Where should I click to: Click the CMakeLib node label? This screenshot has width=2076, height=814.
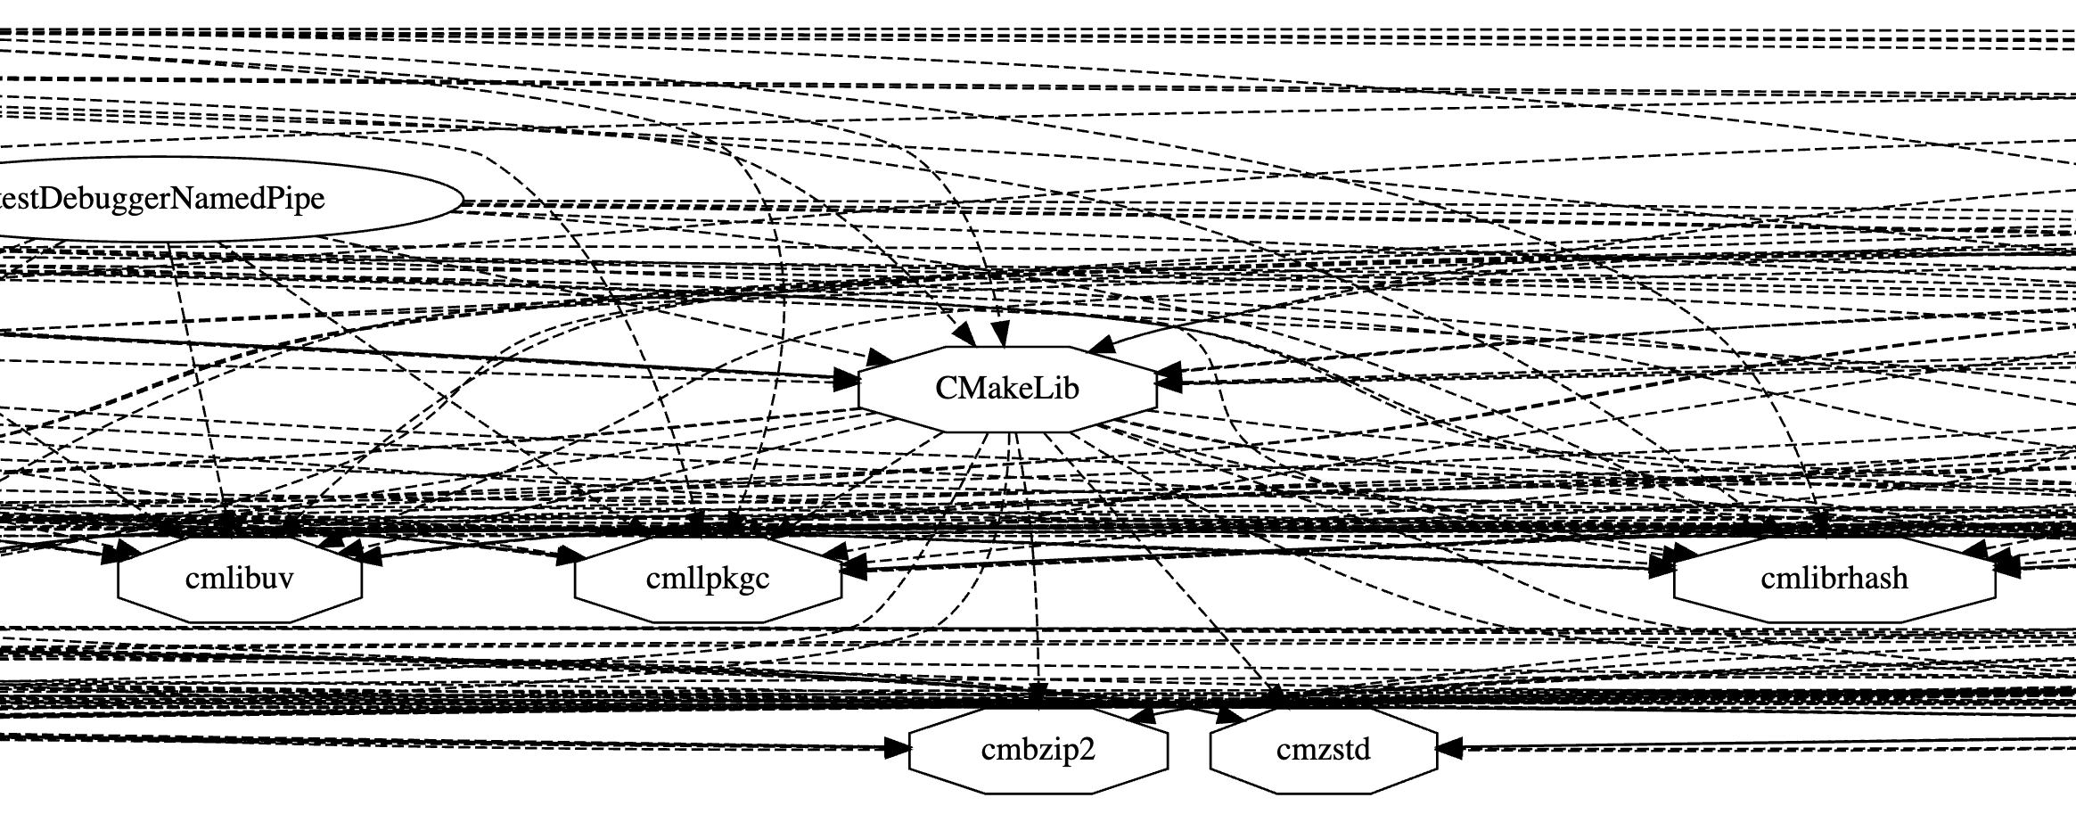(x=1006, y=389)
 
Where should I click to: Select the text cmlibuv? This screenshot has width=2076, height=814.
(x=239, y=579)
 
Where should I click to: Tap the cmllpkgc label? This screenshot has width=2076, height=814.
(x=707, y=579)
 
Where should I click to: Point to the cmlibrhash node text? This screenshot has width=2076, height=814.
(x=1834, y=579)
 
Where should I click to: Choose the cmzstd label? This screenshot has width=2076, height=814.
(x=1323, y=750)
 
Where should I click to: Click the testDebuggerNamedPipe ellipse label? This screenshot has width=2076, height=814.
(x=160, y=199)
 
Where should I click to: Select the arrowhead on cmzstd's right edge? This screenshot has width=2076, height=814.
(x=1450, y=749)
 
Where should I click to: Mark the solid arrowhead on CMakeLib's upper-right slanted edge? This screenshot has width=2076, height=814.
(x=1100, y=344)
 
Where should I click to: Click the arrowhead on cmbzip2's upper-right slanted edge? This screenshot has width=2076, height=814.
(x=1143, y=716)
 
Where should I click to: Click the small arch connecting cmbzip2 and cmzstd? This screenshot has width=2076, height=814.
(x=1186, y=711)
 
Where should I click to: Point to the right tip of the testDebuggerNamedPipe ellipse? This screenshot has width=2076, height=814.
(x=462, y=200)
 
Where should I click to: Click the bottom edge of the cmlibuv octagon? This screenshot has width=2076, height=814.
(x=239, y=621)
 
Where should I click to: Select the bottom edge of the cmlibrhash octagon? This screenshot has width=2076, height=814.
(x=1834, y=621)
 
